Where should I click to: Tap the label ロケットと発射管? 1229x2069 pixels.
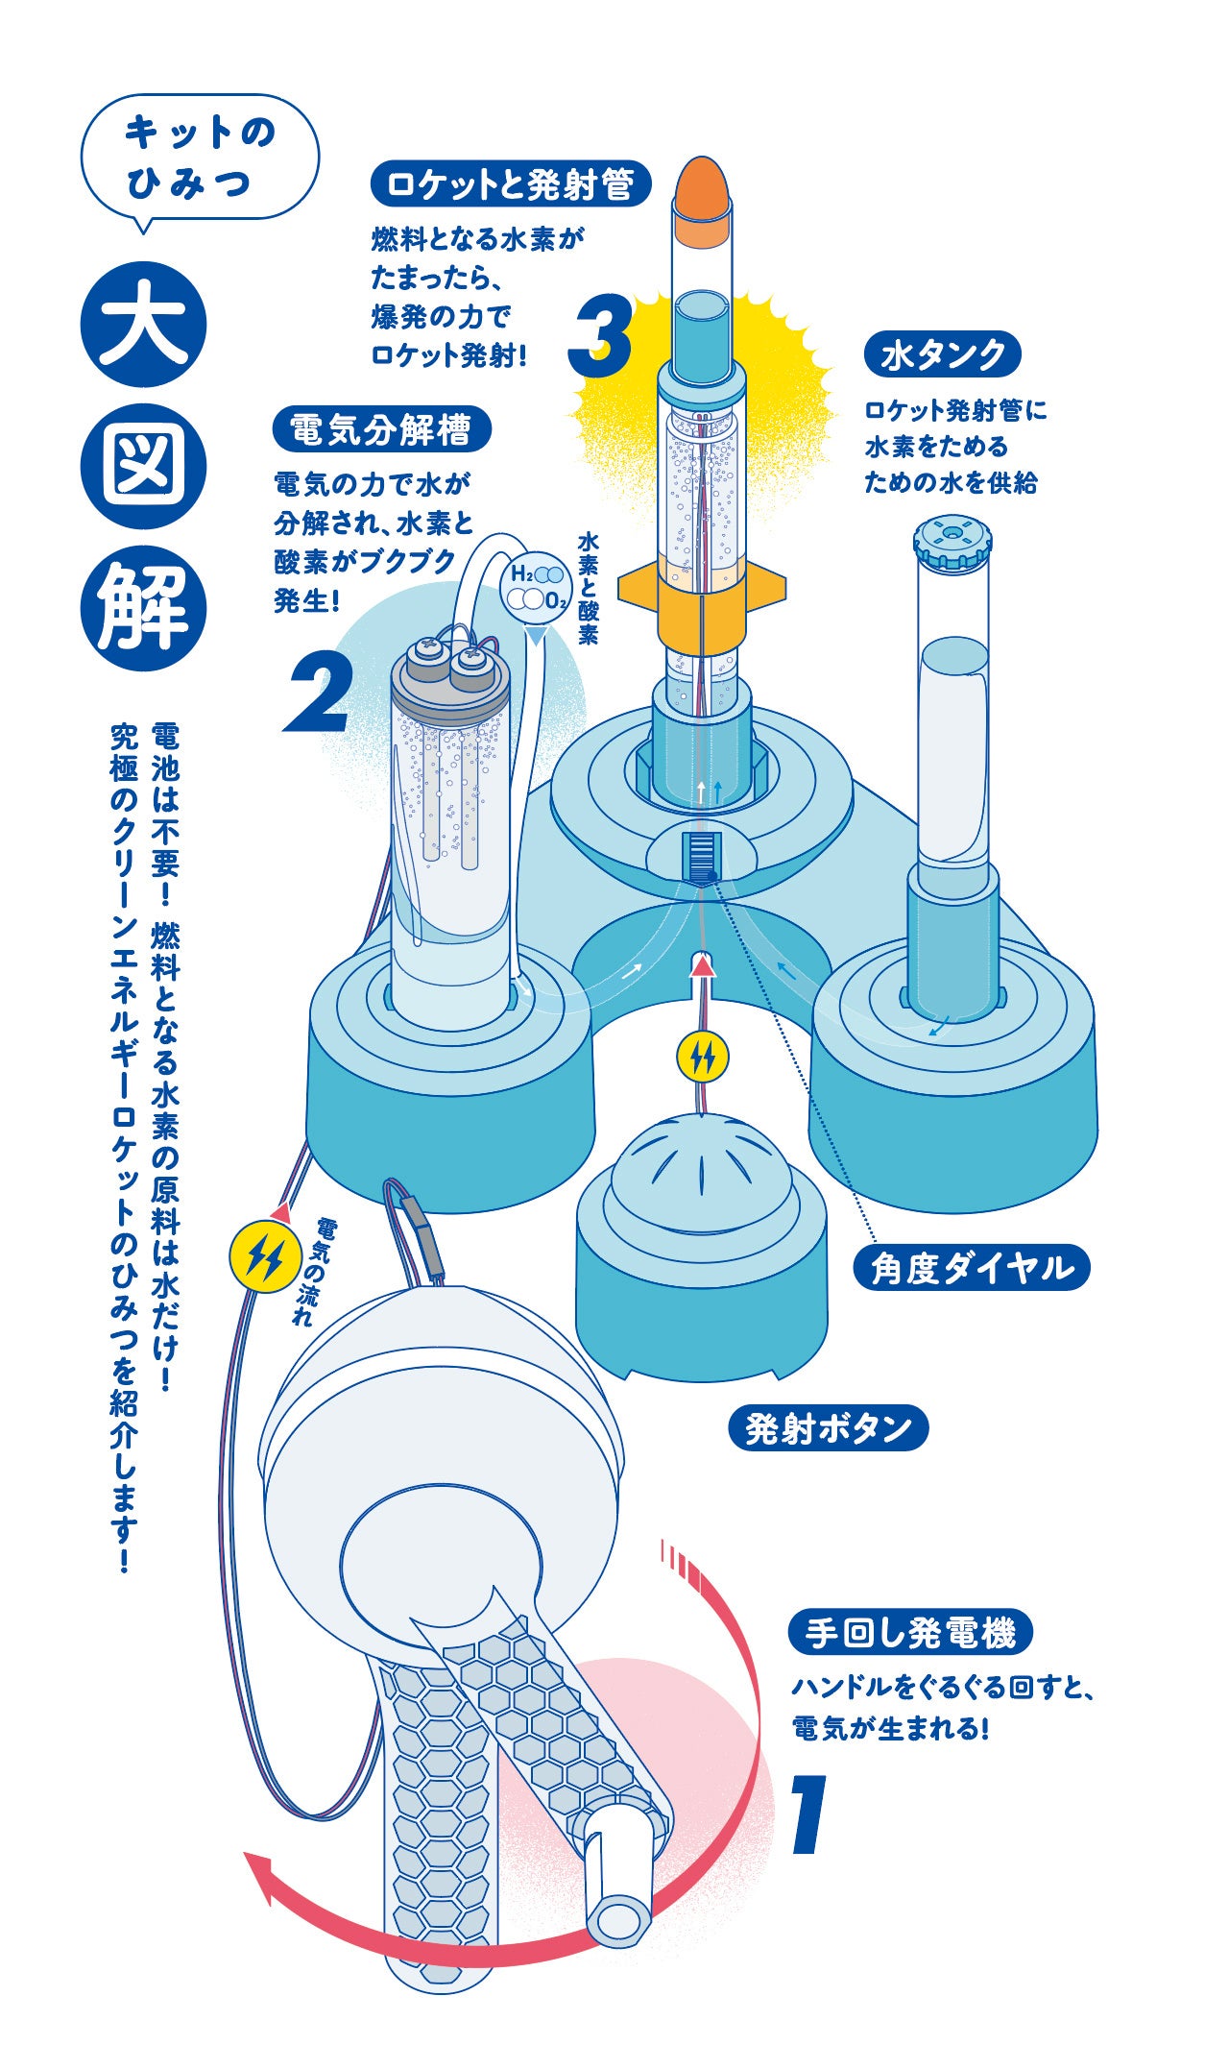510,184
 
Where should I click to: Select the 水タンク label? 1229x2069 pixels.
942,355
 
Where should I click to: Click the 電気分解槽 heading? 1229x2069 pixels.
381,429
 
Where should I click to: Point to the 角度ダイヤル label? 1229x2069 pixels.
971,1268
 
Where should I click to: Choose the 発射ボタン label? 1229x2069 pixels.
828,1428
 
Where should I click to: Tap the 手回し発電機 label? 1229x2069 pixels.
909,1632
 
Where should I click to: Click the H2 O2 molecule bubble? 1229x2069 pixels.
536,587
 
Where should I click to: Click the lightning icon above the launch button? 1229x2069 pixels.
703,1057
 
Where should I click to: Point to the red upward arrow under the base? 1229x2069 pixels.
704,964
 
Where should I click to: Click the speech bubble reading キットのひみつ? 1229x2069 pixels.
200,158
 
